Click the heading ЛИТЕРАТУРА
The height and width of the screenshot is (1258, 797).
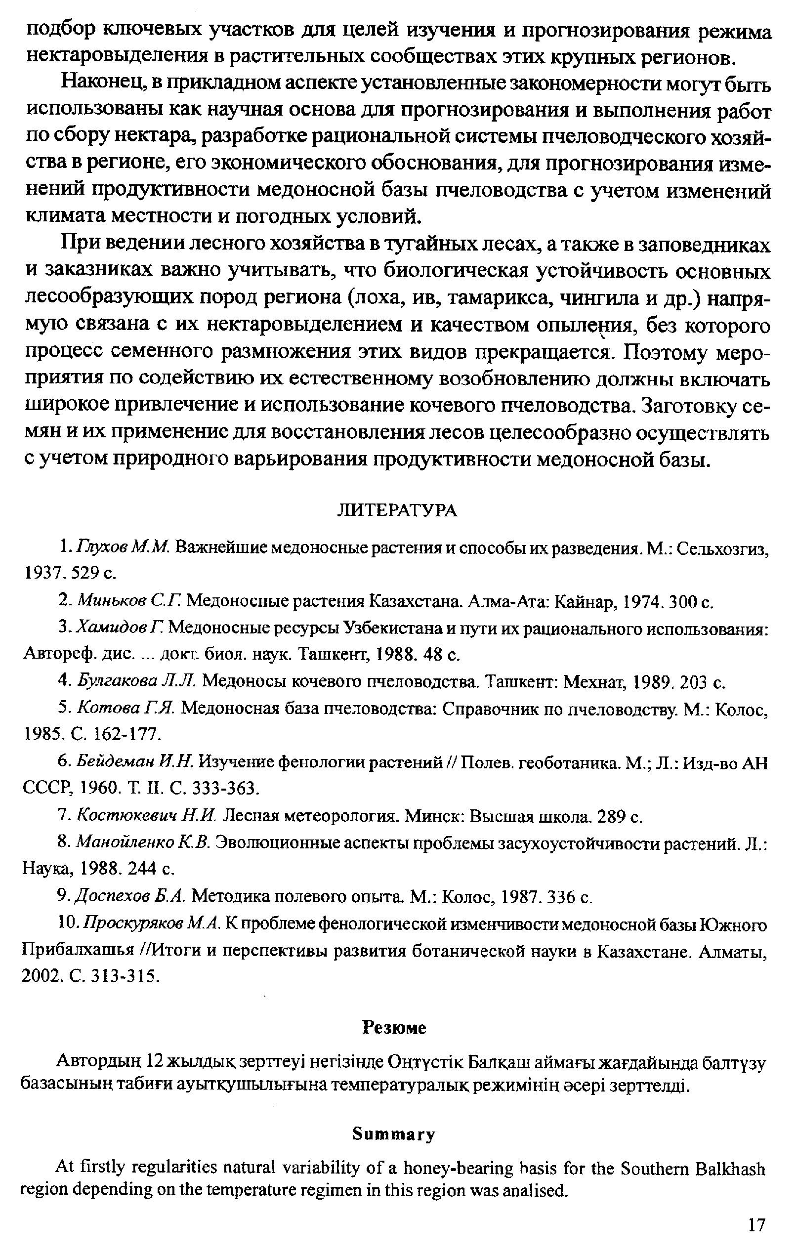[x=397, y=510]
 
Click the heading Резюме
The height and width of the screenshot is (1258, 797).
[x=394, y=1028]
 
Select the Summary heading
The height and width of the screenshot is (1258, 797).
[x=394, y=1134]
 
